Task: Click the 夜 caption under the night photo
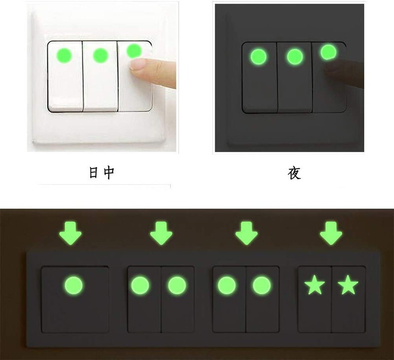pos(294,173)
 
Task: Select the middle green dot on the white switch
pos(100,55)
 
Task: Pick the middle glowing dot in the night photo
pos(295,56)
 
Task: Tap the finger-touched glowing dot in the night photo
pos(328,52)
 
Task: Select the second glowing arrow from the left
pos(161,233)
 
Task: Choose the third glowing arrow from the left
pos(246,233)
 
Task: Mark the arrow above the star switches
pos(331,233)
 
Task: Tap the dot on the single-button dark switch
pos(74,285)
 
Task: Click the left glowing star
pos(314,285)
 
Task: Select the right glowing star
pos(348,285)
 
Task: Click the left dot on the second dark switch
pos(140,285)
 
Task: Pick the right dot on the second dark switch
pos(176,285)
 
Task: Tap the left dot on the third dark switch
pos(227,285)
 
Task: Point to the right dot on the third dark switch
pos(262,285)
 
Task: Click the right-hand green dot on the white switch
pos(133,51)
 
